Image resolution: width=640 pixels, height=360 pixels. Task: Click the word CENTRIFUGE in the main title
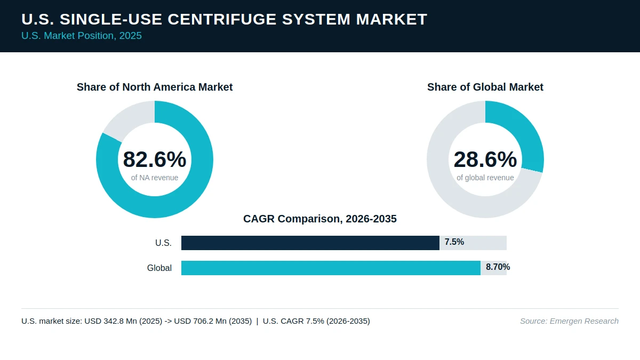coord(222,19)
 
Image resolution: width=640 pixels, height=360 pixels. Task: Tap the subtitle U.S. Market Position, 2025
coord(82,36)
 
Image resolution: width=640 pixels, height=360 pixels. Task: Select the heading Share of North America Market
coord(155,87)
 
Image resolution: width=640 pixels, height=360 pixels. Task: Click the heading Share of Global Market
coord(485,87)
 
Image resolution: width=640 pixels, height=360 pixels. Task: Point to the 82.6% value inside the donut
coord(155,159)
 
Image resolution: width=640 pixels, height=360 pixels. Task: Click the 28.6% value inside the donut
coord(485,159)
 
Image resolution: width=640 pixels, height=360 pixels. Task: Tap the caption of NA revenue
coord(155,178)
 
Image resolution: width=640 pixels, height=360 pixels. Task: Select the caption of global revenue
coord(485,178)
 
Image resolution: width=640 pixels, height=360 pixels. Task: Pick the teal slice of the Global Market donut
coord(523,131)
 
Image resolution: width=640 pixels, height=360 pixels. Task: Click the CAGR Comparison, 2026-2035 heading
coord(320,219)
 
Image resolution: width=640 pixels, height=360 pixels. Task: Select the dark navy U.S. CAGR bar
coord(310,243)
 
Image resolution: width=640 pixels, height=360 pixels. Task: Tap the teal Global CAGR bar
coord(331,268)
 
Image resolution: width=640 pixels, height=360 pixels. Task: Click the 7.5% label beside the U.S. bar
coord(454,242)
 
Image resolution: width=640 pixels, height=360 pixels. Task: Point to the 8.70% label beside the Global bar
coord(498,267)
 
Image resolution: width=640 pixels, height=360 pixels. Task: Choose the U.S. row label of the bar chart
coord(163,243)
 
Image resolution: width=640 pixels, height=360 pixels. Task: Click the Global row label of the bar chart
coord(159,268)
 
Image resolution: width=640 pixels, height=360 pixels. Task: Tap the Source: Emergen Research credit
coord(570,321)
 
